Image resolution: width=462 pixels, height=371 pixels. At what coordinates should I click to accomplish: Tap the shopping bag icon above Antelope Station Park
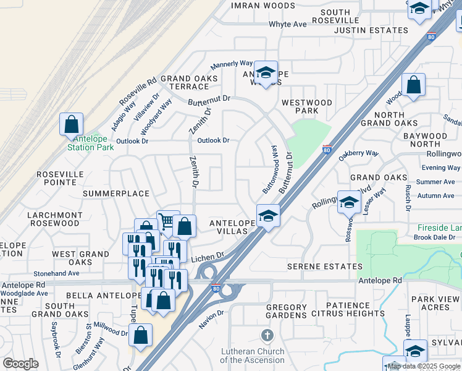72,124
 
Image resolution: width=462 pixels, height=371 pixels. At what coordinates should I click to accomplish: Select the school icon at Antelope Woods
266,73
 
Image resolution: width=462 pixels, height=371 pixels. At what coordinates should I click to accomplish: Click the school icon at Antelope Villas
269,216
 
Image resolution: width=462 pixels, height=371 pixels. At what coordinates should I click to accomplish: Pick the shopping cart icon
166,221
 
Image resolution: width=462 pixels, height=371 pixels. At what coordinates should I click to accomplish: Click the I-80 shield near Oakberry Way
327,150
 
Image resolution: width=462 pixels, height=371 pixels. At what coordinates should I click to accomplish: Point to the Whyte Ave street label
287,24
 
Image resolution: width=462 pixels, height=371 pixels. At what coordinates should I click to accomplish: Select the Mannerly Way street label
232,64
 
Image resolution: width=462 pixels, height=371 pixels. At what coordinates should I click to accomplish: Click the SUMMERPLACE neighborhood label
117,194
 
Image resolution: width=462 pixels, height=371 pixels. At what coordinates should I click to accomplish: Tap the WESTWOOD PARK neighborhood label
306,106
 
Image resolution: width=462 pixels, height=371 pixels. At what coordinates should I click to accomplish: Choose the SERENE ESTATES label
325,267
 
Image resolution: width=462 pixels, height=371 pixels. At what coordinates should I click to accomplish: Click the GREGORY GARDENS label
286,312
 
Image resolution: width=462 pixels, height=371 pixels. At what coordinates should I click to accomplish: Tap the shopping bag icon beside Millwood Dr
141,336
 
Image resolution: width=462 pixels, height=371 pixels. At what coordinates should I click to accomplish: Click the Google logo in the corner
20,364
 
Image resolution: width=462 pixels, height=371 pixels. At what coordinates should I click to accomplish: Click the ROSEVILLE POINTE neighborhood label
60,179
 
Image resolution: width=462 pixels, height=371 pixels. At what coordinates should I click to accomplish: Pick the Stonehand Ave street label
57,273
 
